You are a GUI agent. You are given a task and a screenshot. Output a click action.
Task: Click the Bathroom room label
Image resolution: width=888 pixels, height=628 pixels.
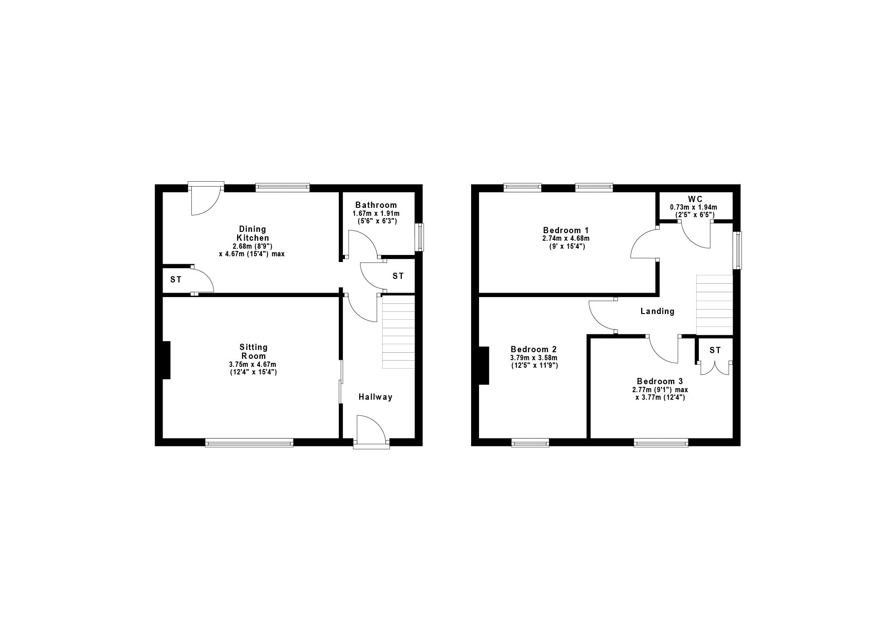(x=376, y=205)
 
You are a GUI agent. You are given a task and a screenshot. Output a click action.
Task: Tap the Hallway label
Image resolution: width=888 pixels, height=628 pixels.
(x=376, y=397)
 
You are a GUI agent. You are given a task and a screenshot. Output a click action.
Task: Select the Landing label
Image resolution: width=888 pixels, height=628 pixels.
(x=657, y=311)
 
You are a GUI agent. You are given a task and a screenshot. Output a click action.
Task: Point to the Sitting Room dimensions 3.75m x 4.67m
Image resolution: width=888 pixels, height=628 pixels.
(x=252, y=365)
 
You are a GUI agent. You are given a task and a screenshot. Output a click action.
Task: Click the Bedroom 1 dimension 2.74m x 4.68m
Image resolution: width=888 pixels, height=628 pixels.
(x=566, y=238)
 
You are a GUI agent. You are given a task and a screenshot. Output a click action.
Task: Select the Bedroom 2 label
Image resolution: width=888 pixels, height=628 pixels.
(x=534, y=350)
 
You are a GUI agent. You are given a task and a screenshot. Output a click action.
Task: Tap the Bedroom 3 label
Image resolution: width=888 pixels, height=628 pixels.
(x=660, y=382)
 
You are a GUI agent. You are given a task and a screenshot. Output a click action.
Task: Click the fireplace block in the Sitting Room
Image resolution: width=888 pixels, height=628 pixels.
(x=166, y=360)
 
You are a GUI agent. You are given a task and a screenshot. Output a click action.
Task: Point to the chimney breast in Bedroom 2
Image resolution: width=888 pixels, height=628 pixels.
(x=484, y=365)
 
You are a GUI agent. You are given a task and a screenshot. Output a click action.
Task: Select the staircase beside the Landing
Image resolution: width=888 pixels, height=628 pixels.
(x=714, y=305)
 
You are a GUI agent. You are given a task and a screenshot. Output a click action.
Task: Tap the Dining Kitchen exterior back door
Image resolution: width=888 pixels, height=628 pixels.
(x=206, y=198)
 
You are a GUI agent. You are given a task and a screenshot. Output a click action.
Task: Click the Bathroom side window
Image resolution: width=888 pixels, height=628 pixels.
(x=419, y=237)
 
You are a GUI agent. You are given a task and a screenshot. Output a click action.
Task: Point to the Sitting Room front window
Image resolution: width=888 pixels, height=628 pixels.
(x=249, y=442)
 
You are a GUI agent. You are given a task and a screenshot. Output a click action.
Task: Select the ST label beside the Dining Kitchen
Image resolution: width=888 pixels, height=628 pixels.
(x=176, y=280)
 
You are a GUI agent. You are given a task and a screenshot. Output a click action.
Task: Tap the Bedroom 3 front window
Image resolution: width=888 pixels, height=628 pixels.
(x=661, y=442)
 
